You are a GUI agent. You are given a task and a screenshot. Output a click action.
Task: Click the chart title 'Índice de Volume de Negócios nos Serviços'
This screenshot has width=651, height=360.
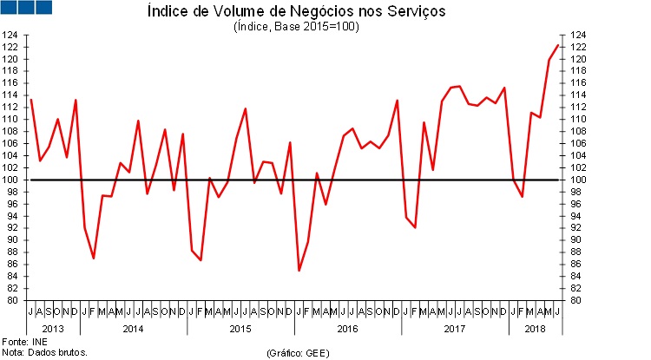click(x=296, y=12)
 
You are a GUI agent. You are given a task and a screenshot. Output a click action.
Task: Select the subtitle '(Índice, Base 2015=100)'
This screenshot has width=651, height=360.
click(x=296, y=27)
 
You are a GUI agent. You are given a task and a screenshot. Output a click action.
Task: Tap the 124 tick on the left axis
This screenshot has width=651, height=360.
click(x=11, y=36)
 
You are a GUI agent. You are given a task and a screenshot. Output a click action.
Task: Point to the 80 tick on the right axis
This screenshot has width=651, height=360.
click(x=576, y=301)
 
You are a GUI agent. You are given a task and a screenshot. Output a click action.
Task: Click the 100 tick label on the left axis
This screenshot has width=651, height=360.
click(x=11, y=180)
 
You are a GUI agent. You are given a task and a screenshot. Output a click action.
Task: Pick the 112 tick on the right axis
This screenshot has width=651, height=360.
click(x=576, y=108)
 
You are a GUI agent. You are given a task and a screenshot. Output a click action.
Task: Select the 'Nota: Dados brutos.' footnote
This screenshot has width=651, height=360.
click(x=45, y=353)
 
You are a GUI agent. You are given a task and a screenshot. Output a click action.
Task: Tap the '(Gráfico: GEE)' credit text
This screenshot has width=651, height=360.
click(x=298, y=353)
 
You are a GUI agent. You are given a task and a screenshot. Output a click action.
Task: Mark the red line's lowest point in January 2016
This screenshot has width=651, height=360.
click(x=299, y=271)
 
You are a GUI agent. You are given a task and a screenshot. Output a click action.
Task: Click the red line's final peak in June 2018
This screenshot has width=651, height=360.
click(x=557, y=45)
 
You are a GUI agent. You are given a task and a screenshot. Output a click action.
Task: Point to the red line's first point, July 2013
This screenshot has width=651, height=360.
click(x=31, y=99)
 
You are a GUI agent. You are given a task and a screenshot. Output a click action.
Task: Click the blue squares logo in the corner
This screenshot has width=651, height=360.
click(x=28, y=8)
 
